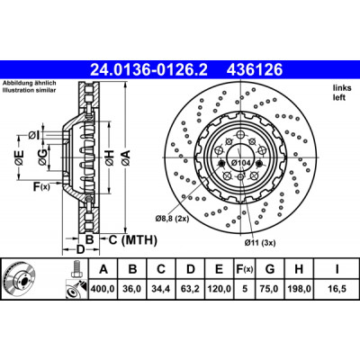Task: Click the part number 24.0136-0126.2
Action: pyautogui.click(x=148, y=70)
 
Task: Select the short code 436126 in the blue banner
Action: pyautogui.click(x=255, y=70)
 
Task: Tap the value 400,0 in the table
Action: pyautogui.click(x=103, y=289)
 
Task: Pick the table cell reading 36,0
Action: pyautogui.click(x=132, y=289)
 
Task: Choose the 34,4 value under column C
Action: pyautogui.click(x=161, y=289)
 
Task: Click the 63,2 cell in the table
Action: pyautogui.click(x=191, y=289)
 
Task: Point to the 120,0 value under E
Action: pyautogui.click(x=219, y=289)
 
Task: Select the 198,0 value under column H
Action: pyautogui.click(x=299, y=289)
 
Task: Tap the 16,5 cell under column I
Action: pyautogui.click(x=337, y=289)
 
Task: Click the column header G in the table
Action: pyautogui.click(x=270, y=269)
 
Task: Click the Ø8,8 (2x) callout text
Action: pyautogui.click(x=172, y=219)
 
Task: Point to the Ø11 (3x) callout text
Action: pyautogui.click(x=260, y=243)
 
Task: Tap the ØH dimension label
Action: pyautogui.click(x=110, y=157)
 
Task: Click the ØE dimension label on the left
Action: pyautogui.click(x=19, y=157)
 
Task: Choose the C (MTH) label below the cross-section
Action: pyautogui.click(x=132, y=239)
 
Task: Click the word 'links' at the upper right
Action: pyautogui.click(x=342, y=88)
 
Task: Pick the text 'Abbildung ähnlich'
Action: pyautogui.click(x=29, y=84)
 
